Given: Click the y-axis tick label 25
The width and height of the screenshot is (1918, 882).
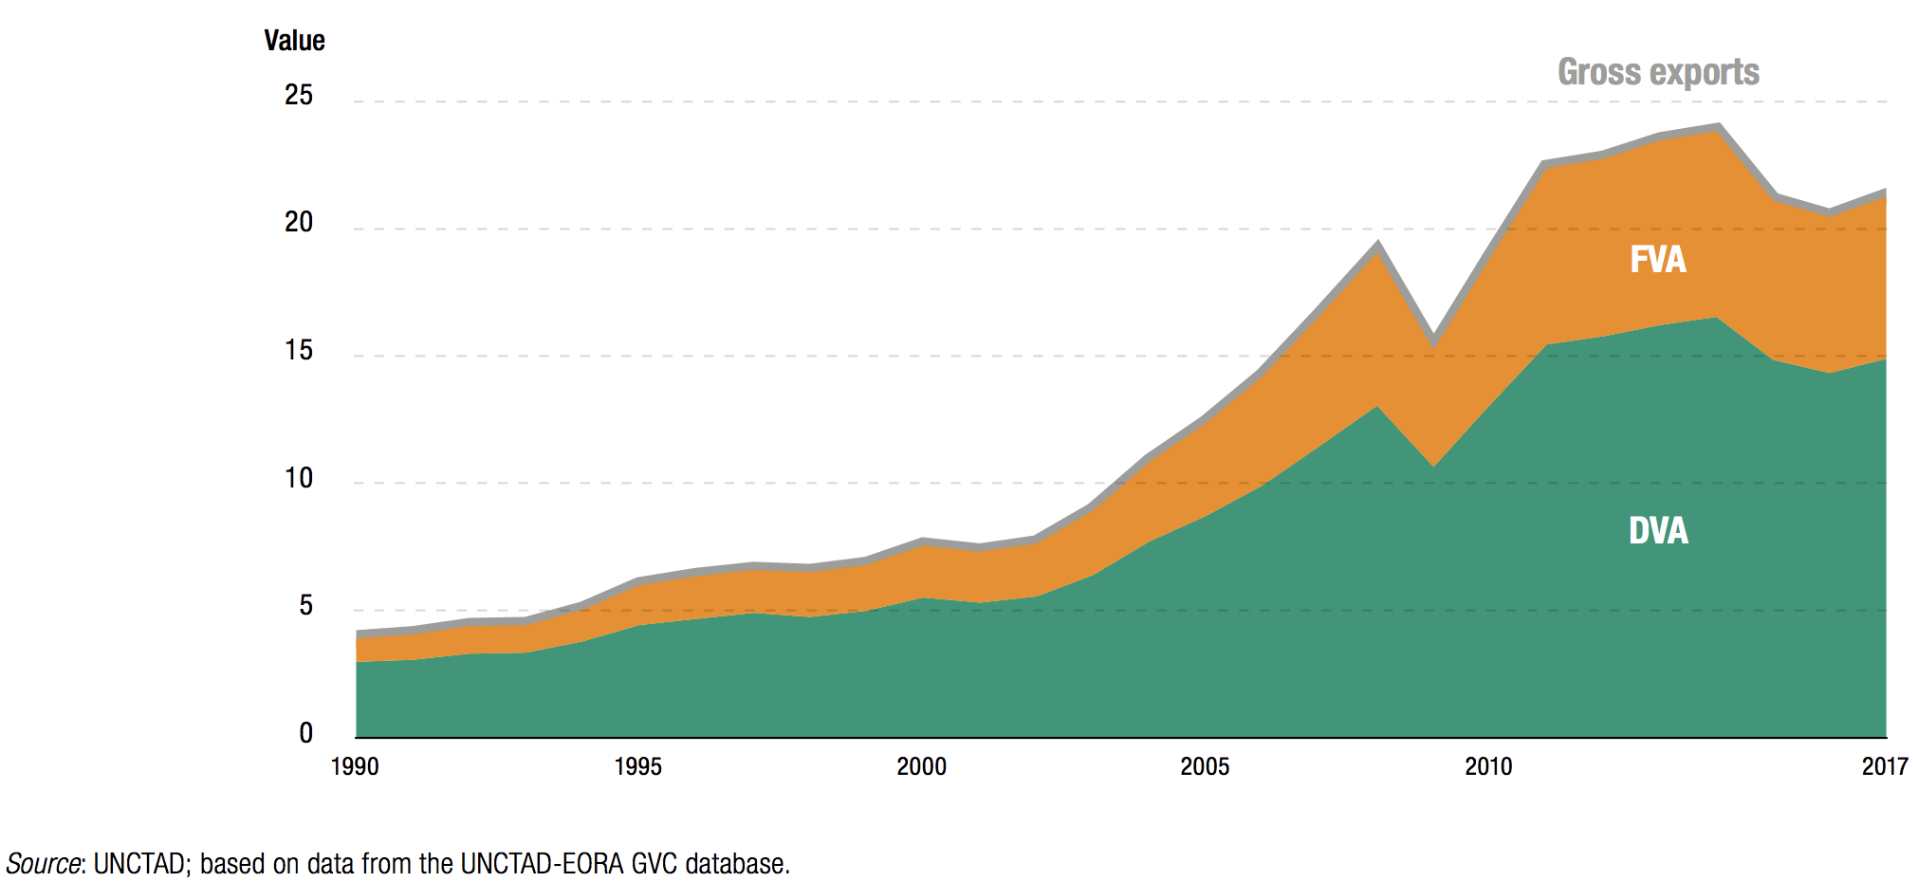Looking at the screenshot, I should [x=299, y=95].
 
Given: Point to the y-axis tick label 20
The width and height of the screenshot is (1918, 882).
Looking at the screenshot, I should [x=299, y=222].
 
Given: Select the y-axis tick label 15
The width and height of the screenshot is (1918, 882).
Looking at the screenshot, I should [x=299, y=351].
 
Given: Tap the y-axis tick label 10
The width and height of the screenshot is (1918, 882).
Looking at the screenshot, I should [x=299, y=478].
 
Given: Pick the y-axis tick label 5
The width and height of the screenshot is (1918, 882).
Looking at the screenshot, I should [x=305, y=605].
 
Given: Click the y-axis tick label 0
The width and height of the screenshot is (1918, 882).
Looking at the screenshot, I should [x=305, y=733].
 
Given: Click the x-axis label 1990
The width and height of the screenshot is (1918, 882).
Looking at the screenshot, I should [x=355, y=766].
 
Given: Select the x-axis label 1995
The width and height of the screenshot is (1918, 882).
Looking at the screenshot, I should [x=637, y=766].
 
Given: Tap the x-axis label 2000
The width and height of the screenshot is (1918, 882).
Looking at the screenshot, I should [x=921, y=766].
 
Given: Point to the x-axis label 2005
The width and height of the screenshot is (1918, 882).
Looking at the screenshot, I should [x=1205, y=766].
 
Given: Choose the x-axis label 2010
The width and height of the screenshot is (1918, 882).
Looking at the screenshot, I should [x=1488, y=766].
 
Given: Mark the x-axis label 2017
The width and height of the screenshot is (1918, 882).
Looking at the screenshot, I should [x=1884, y=766].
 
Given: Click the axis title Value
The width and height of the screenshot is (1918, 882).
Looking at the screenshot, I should [x=294, y=41].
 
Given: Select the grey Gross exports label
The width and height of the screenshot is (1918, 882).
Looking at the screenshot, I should [x=1658, y=72].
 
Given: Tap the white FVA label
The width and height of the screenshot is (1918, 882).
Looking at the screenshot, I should [x=1658, y=260].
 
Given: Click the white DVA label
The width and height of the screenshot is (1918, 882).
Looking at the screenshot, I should [x=1658, y=530].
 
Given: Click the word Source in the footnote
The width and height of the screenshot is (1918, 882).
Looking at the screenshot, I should [x=44, y=864].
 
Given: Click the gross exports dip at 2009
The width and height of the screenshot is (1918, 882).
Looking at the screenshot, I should [x=1433, y=339].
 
